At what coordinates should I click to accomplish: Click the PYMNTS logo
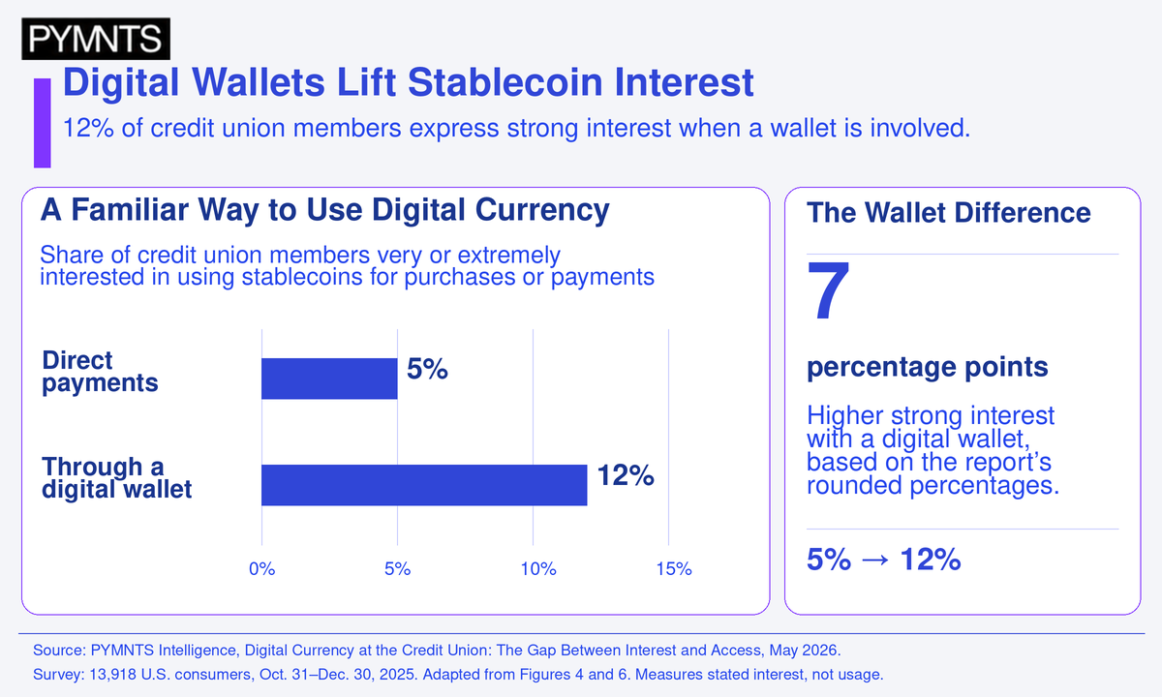point(96,39)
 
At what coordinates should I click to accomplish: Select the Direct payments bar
point(329,379)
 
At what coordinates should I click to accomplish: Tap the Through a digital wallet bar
point(424,485)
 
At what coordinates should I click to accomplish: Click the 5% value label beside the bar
point(427,369)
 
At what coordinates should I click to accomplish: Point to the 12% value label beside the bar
point(626,475)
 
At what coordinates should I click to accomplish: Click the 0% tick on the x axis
point(262,569)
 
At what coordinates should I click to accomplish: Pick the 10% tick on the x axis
point(538,569)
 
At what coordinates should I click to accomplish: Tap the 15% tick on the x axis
point(674,569)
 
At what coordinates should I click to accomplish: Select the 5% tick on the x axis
point(397,569)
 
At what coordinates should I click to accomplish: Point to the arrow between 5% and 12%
point(875,561)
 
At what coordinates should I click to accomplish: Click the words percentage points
point(928,367)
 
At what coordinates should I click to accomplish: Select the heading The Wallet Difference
point(949,213)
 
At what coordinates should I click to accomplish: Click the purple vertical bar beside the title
point(43,123)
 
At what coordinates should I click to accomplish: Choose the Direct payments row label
point(100,372)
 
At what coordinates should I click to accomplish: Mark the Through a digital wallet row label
point(117,477)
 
